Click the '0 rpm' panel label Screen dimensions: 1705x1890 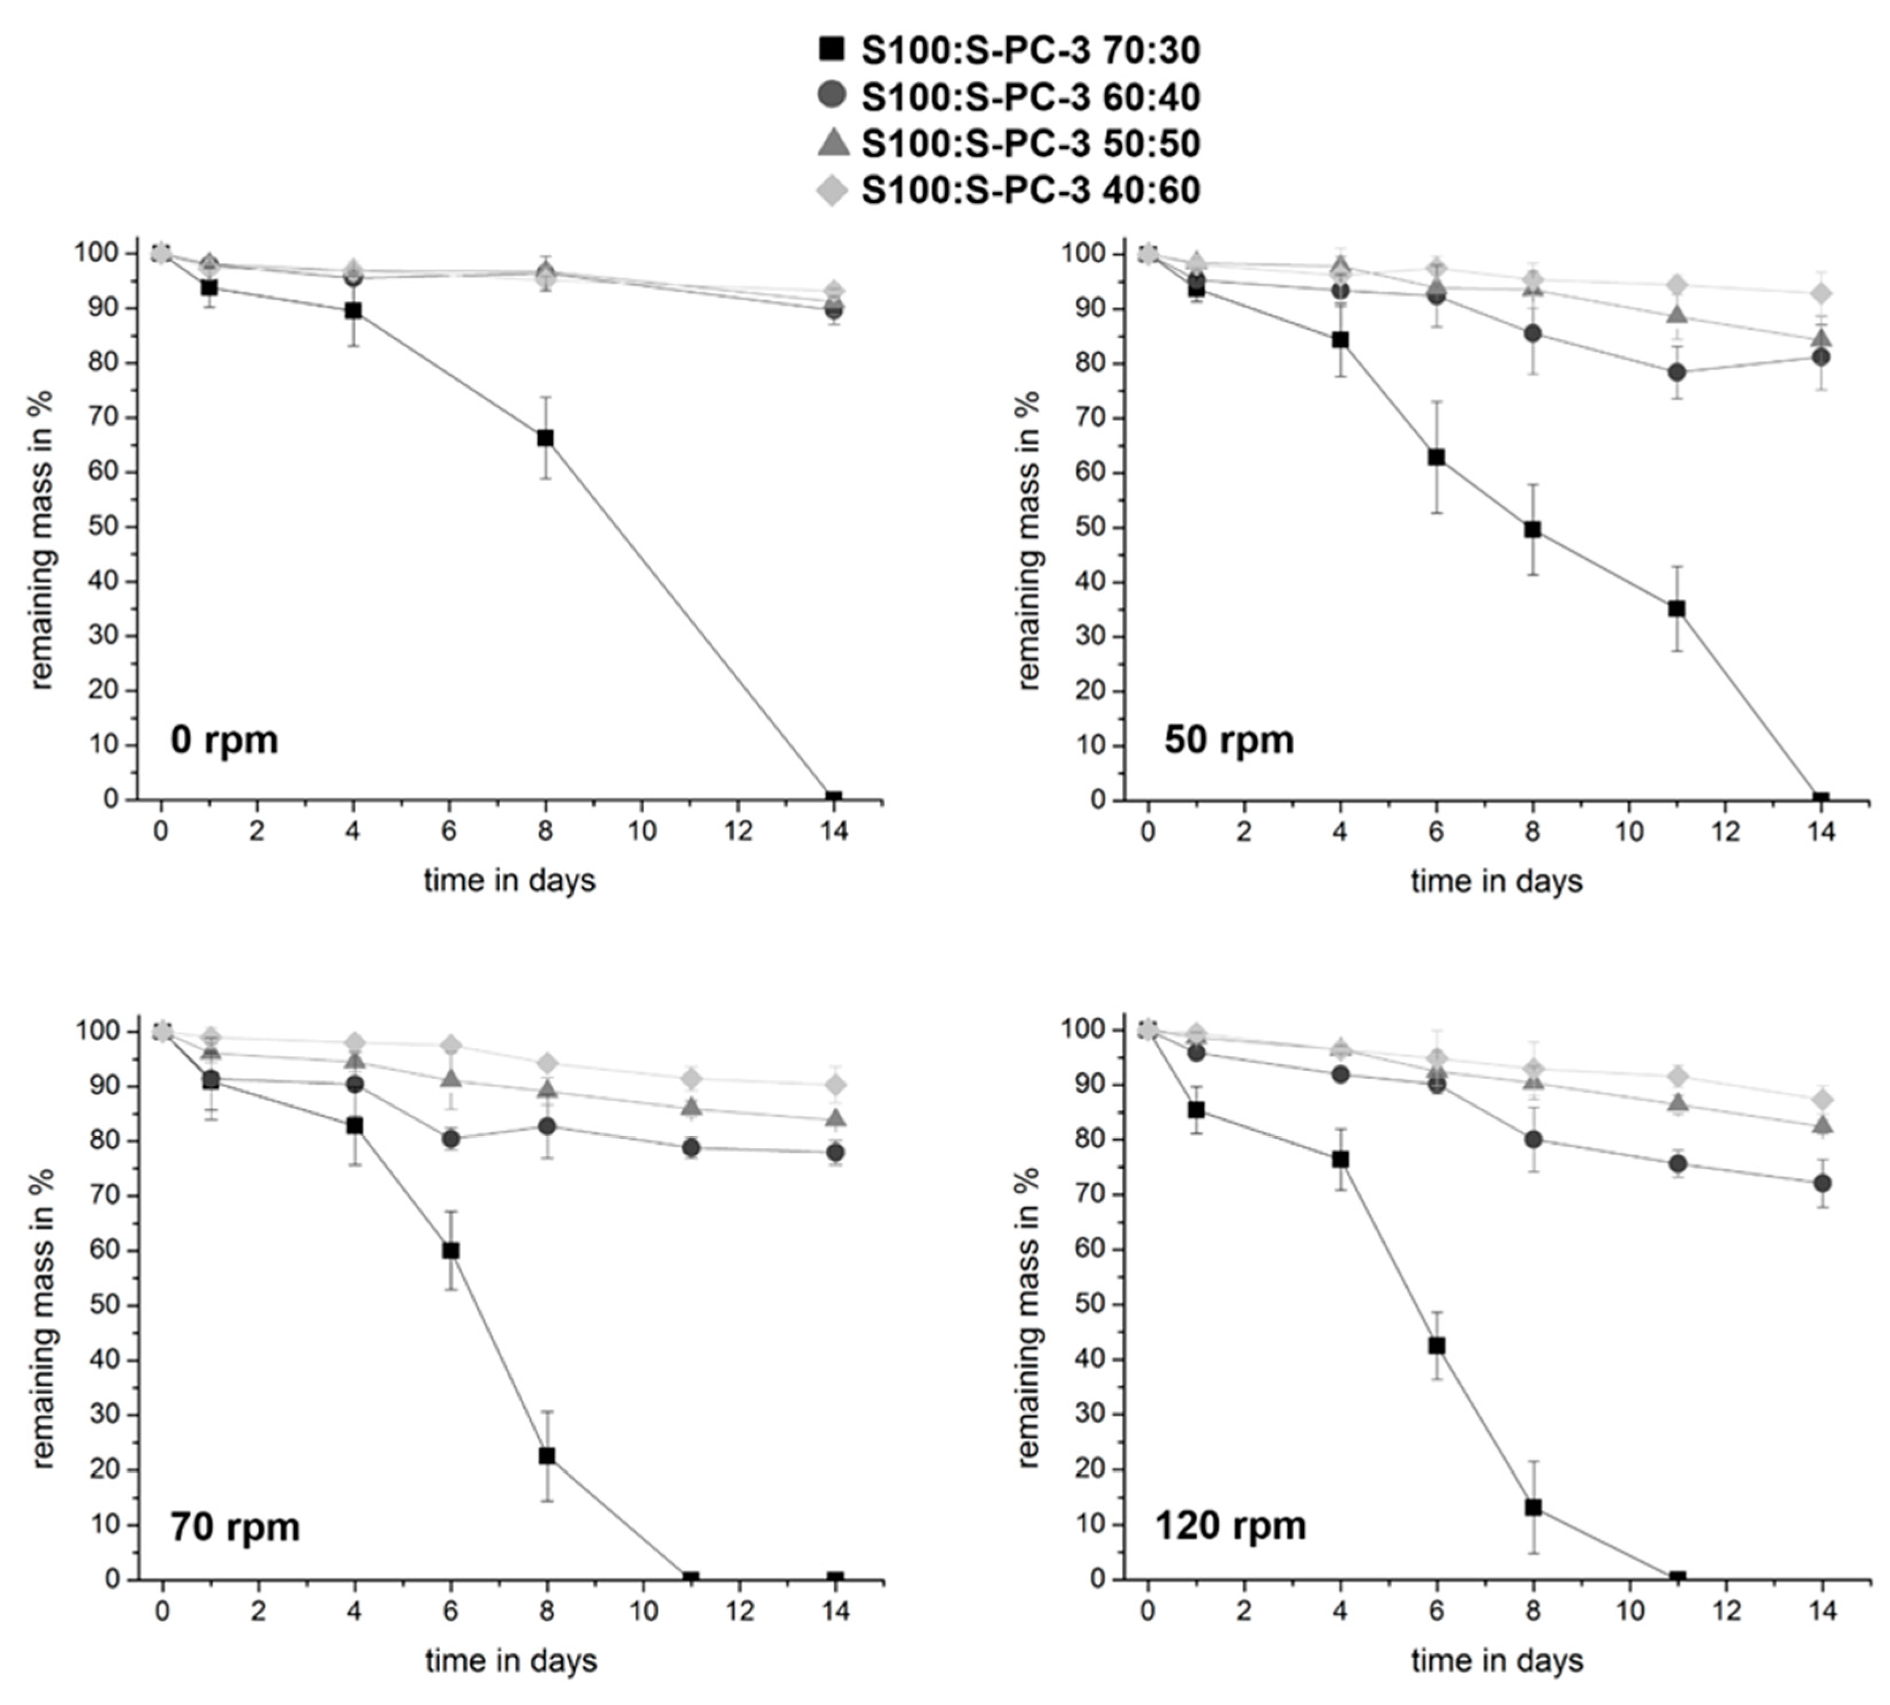pyautogui.click(x=224, y=740)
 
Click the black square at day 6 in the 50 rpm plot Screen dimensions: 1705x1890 pyautogui.click(x=1436, y=457)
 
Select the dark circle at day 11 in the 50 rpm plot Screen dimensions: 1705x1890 pyautogui.click(x=1676, y=372)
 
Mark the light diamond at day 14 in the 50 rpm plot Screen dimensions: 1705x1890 pyautogui.click(x=1821, y=293)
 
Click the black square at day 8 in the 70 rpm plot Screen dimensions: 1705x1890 pyautogui.click(x=547, y=1456)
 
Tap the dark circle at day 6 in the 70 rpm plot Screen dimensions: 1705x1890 pyautogui.click(x=450, y=1139)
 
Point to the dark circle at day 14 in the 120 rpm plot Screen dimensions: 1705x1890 pyautogui.click(x=1821, y=1183)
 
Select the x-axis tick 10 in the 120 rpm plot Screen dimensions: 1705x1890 pyautogui.click(x=1630, y=1611)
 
